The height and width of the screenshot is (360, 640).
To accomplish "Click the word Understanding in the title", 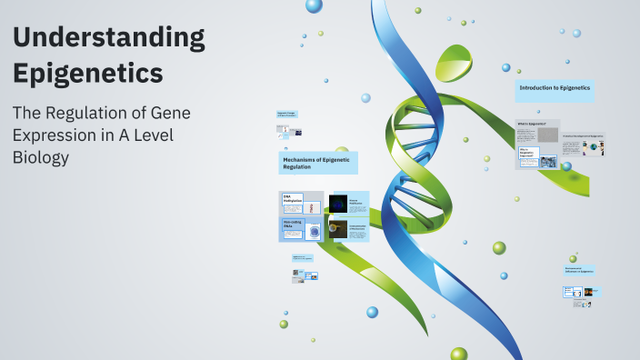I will [x=108, y=39].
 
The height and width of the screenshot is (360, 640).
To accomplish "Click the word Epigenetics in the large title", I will [x=88, y=72].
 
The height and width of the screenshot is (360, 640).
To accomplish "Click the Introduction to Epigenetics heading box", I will [x=555, y=89].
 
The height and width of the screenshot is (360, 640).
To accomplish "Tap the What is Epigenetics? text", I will [x=530, y=123].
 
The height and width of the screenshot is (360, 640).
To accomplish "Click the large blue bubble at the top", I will [x=314, y=5].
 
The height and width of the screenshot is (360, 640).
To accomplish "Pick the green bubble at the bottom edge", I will [x=458, y=354].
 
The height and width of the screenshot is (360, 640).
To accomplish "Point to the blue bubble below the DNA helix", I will [x=372, y=312].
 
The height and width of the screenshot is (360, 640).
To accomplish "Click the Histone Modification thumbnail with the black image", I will [x=338, y=205].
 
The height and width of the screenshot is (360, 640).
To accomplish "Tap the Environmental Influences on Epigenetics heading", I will [x=579, y=270].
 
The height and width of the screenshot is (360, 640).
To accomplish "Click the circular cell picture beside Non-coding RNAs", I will [x=314, y=232].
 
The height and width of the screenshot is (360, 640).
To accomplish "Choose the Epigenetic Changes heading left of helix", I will [x=287, y=115].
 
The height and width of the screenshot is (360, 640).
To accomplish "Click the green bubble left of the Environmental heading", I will [x=573, y=258].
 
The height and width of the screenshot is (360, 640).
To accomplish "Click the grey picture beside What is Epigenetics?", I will [x=547, y=135].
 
